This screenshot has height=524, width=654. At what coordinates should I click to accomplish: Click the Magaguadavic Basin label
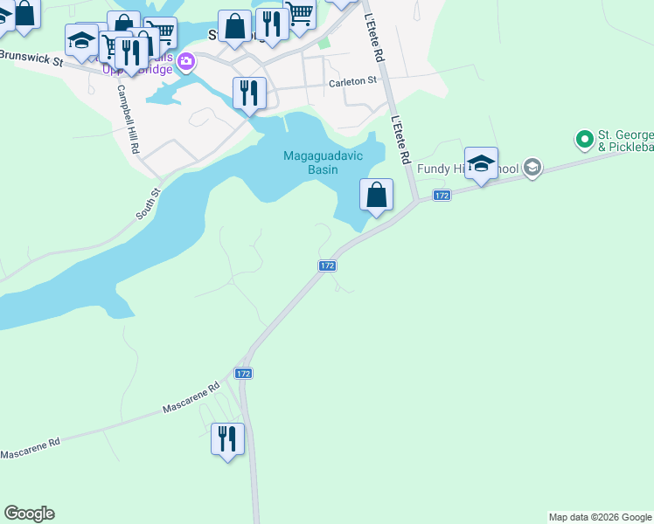point(310,162)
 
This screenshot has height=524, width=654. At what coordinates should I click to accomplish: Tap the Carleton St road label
point(352,82)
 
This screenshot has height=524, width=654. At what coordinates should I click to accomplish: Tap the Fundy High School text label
point(468,169)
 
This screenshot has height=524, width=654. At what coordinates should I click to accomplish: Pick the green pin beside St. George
point(584,138)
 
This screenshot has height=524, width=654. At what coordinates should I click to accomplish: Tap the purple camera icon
point(185,61)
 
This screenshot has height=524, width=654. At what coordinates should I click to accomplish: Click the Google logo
point(29,514)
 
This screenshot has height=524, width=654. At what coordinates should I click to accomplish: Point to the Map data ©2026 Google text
point(600,517)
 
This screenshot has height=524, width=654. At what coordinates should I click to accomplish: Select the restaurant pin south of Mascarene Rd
point(227,438)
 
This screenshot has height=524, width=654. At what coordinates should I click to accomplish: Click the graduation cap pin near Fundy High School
point(481,162)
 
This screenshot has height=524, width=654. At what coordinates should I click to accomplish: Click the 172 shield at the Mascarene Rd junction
point(243,373)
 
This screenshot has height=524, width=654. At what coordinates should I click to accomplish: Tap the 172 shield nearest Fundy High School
point(442,196)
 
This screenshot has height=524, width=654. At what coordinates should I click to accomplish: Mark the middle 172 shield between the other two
point(327,265)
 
